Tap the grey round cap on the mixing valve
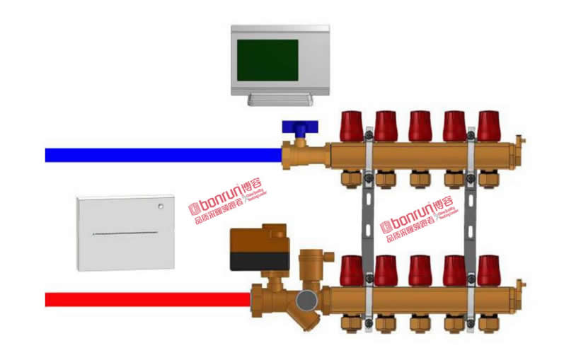(306, 299)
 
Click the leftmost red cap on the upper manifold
(352, 126)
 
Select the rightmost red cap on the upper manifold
(489, 126)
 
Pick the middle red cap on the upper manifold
(420, 126)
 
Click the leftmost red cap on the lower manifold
(352, 270)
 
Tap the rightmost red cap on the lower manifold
(489, 270)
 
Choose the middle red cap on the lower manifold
(420, 270)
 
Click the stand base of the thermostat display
(281, 100)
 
